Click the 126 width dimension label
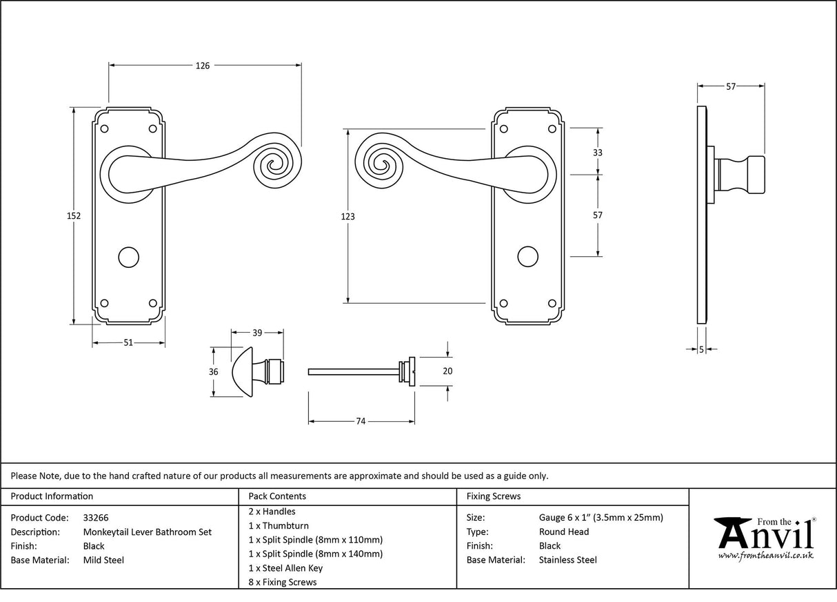tap(202, 66)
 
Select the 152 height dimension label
tap(74, 215)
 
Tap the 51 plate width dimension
tap(128, 343)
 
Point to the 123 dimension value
tap(348, 216)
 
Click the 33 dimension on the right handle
tap(597, 153)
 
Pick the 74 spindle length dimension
tap(361, 421)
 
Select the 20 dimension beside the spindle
tap(447, 371)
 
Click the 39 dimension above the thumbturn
tap(257, 333)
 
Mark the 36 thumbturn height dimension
tap(214, 371)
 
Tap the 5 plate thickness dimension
tap(701, 349)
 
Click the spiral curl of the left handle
tap(275, 165)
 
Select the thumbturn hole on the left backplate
tap(128, 256)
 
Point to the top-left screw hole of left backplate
tap(105, 128)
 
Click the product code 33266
tap(96, 517)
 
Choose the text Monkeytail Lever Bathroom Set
tap(147, 532)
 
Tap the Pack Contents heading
tap(277, 496)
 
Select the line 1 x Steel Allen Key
tap(285, 568)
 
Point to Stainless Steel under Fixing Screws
tap(567, 560)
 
